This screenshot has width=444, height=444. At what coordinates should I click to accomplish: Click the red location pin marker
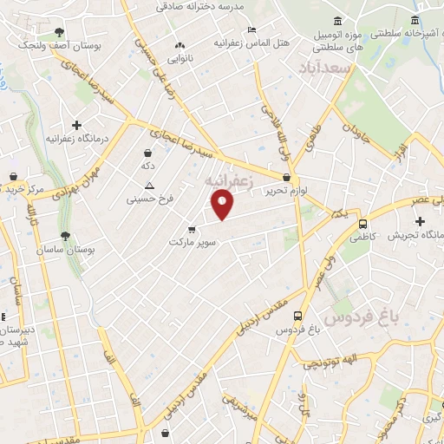pyautogui.click(x=223, y=205)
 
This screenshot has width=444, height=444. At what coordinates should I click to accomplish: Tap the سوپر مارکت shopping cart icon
pyautogui.click(x=191, y=230)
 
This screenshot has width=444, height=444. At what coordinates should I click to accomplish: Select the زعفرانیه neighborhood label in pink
pyautogui.click(x=229, y=181)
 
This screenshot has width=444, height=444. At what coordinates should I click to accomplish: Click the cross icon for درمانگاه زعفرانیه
pyautogui.click(x=77, y=126)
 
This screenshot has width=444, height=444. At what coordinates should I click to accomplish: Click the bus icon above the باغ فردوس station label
pyautogui.click(x=298, y=317)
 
